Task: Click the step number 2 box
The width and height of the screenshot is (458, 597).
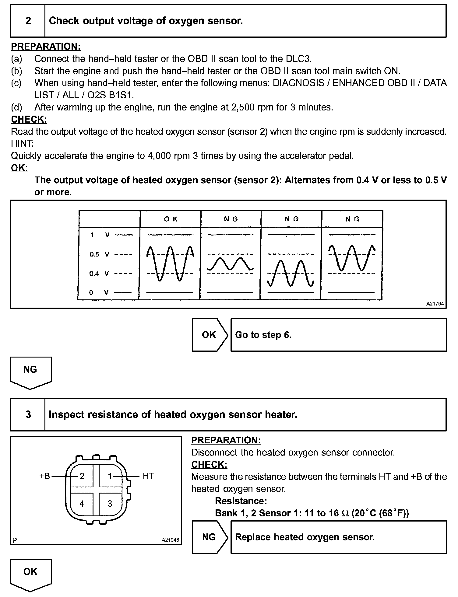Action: click(28, 21)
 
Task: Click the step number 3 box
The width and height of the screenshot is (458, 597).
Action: click(28, 414)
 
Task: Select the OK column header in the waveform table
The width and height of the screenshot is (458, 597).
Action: click(171, 219)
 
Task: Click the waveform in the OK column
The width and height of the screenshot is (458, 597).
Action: click(170, 263)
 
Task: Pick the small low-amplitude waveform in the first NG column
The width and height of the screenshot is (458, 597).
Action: click(230, 264)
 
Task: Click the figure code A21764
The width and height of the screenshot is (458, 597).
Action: click(435, 304)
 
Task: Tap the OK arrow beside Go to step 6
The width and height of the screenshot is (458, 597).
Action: click(209, 335)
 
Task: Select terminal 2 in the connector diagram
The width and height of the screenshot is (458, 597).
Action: click(82, 476)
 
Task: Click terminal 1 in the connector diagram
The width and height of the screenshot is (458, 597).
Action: click(110, 476)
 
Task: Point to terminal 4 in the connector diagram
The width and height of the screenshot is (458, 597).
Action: click(82, 504)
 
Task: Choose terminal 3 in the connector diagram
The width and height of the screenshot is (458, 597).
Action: click(110, 504)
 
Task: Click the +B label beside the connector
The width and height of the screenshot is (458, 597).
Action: click(45, 476)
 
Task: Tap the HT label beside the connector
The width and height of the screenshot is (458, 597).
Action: click(148, 476)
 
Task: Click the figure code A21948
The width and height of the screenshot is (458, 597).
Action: click(170, 540)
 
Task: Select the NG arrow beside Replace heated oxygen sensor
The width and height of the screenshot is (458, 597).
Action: click(209, 537)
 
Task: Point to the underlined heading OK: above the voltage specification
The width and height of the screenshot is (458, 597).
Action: click(19, 168)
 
